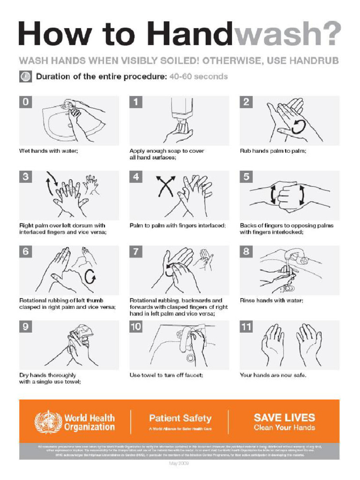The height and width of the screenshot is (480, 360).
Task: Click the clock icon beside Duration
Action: [25, 76]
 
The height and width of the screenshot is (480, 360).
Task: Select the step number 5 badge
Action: [247, 177]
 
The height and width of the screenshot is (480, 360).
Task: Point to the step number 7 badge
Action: [136, 252]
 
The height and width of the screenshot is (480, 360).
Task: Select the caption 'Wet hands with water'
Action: [48, 151]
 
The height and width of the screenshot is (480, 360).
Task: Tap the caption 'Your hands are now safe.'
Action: [273, 375]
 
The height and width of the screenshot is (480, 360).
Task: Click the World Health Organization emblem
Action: [48, 421]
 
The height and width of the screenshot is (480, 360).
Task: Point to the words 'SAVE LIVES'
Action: [284, 417]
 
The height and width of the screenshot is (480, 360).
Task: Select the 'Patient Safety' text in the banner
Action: [180, 418]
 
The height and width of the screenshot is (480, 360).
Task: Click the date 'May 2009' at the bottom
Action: [180, 464]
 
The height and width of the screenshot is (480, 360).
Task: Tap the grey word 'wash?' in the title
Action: [288, 34]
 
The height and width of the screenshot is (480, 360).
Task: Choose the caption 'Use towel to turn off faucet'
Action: [166, 375]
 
